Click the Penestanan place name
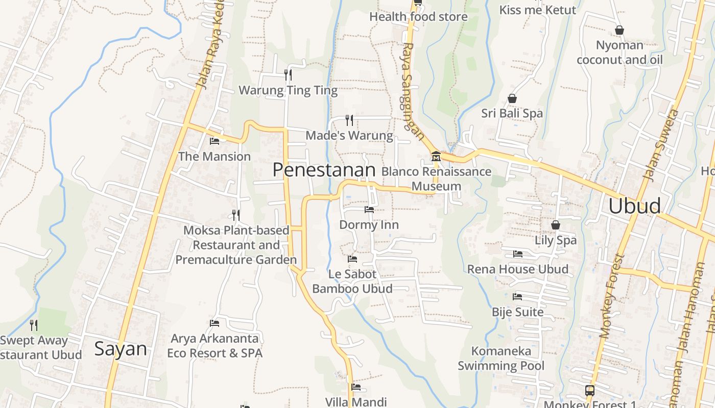[324, 170]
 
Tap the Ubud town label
[634, 206]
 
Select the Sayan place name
[121, 349]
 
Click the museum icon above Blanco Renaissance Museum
[436, 156]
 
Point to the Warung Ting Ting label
[288, 91]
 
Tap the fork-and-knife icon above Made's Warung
[349, 120]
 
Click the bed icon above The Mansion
[214, 141]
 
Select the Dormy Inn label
[369, 225]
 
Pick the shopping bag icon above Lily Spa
[556, 225]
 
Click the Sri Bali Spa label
[512, 113]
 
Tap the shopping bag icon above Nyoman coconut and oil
[619, 31]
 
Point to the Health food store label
[418, 17]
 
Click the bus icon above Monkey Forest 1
[590, 391]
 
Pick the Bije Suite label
[517, 312]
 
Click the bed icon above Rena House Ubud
[518, 254]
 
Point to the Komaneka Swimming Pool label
[501, 359]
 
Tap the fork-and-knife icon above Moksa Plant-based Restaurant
[235, 215]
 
